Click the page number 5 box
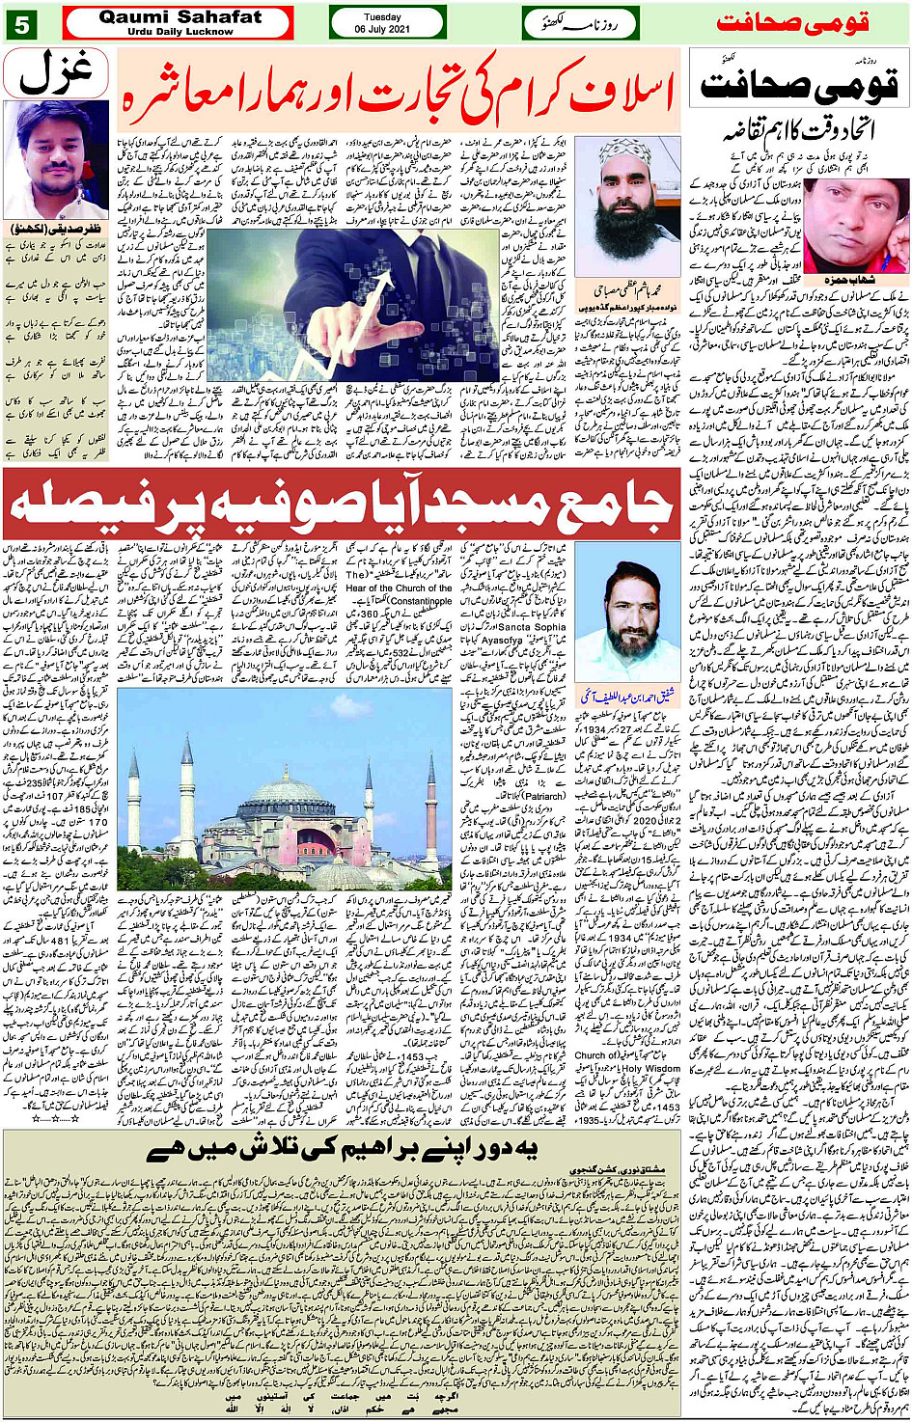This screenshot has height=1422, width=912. [21, 23]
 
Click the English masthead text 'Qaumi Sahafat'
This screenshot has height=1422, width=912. [180, 16]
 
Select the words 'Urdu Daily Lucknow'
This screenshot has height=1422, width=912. [180, 31]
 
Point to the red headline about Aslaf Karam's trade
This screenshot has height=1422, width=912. [399, 94]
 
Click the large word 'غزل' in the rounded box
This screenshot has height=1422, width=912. [55, 72]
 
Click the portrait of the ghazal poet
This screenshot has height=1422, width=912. [55, 159]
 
